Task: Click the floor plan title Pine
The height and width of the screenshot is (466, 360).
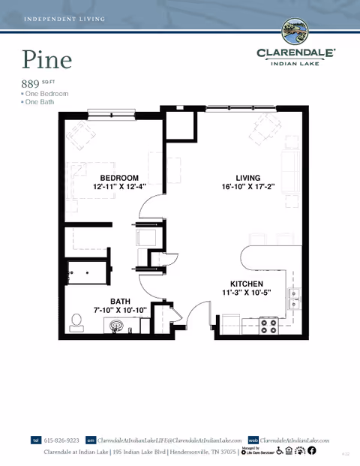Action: (x=46, y=59)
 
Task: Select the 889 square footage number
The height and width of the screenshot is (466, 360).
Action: (x=31, y=83)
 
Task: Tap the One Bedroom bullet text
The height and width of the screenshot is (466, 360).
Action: (x=46, y=94)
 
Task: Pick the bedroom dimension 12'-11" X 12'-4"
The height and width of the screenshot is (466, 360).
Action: (x=119, y=186)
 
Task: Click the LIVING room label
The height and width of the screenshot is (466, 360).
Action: (x=247, y=178)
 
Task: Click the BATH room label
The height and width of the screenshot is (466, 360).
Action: (x=120, y=302)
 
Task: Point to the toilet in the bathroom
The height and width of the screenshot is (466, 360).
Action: (x=76, y=322)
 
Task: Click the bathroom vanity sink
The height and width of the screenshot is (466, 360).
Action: (x=116, y=326)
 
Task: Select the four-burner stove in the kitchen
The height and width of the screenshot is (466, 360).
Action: (x=268, y=326)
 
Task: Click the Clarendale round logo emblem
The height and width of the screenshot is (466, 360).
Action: (x=294, y=32)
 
